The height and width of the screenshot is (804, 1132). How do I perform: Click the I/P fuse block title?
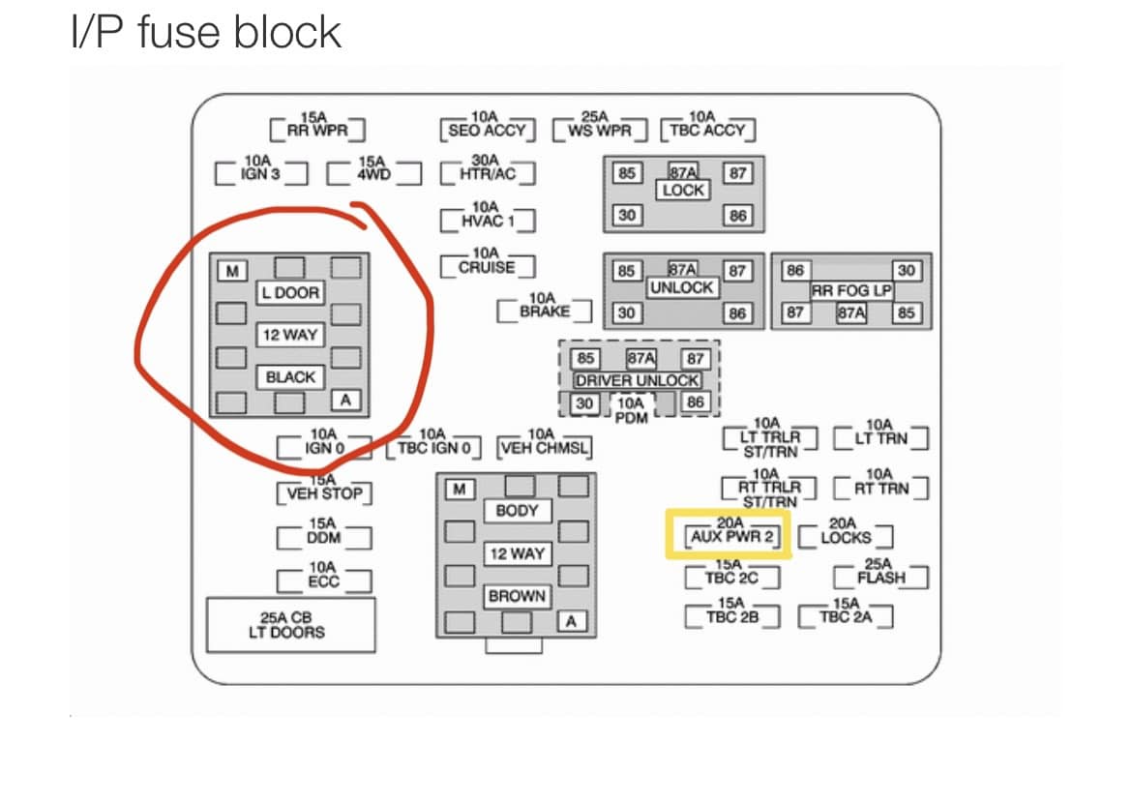click(206, 33)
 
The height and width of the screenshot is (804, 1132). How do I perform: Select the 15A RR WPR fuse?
click(317, 126)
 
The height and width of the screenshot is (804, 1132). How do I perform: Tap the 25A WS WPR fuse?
click(599, 126)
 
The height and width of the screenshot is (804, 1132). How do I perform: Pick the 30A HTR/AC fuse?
click(488, 169)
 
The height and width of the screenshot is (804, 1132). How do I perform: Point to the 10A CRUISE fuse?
click(488, 262)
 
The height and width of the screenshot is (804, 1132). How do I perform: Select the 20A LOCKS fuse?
click(846, 533)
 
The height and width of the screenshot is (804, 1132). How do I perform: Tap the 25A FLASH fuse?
click(880, 573)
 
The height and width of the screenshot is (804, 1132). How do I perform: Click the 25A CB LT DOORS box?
click(291, 625)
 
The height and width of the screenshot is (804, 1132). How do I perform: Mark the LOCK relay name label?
click(683, 190)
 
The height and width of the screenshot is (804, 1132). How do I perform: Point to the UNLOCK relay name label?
click(681, 288)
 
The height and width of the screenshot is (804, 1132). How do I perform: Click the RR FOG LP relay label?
click(851, 291)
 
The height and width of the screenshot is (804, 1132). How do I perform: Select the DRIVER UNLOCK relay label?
click(637, 380)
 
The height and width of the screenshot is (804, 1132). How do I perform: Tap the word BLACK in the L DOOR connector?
click(290, 376)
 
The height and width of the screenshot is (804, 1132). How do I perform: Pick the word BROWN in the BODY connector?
click(517, 596)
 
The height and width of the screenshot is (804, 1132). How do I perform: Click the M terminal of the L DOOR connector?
click(232, 271)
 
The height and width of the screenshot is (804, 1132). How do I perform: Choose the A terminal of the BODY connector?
click(571, 621)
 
